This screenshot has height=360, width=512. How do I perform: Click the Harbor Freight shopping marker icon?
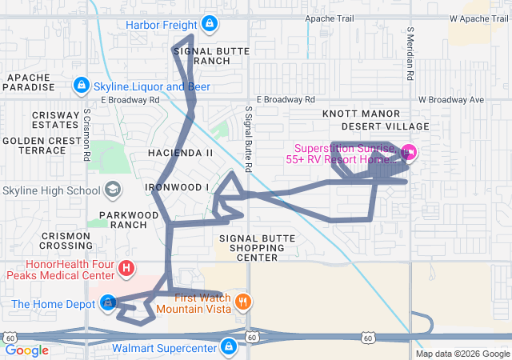(210, 24)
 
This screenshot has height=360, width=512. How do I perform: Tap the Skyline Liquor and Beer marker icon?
(81, 85)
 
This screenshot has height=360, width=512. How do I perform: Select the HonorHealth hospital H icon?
(126, 268)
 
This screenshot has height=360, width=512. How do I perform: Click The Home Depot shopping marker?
(109, 303)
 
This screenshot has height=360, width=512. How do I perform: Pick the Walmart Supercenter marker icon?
(229, 347)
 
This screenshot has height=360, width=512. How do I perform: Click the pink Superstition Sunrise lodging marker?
(408, 151)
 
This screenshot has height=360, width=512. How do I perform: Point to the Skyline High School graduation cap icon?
(113, 190)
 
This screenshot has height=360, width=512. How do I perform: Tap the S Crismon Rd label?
(87, 134)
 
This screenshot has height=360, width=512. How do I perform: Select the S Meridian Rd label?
(410, 54)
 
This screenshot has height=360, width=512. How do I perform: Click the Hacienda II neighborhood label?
(181, 152)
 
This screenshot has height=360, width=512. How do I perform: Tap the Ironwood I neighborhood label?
(178, 187)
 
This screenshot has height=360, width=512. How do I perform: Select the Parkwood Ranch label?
(129, 219)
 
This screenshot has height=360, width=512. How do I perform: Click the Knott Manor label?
(355, 114)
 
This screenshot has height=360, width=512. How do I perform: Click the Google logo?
(27, 350)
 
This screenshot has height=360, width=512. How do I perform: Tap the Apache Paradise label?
(30, 82)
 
